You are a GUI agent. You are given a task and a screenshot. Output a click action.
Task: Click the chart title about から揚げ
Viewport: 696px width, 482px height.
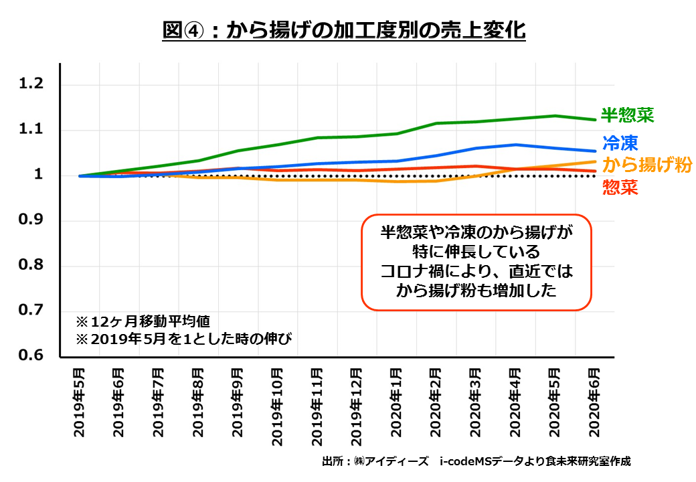point(344,30)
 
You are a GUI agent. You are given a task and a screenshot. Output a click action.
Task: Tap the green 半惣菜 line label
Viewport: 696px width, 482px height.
point(627,114)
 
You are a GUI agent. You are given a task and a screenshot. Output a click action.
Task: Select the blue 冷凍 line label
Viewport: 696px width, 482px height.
point(620,142)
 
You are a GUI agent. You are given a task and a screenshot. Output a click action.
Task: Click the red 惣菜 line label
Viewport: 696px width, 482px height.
point(620,187)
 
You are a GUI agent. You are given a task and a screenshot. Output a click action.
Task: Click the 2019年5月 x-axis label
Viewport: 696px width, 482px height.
point(80,402)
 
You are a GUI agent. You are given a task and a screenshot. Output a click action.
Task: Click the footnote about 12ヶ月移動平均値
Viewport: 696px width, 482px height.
point(144,319)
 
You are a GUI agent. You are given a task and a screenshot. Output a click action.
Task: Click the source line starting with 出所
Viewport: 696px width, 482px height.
point(476,461)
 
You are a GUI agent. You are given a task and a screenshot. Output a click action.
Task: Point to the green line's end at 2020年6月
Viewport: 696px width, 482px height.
point(596,120)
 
